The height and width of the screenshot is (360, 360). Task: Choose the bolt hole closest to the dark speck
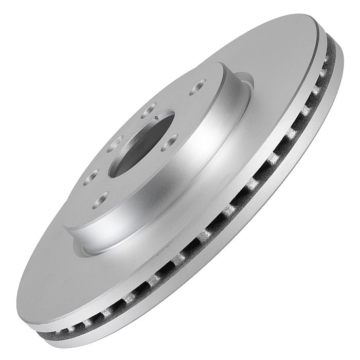coord(149,109)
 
